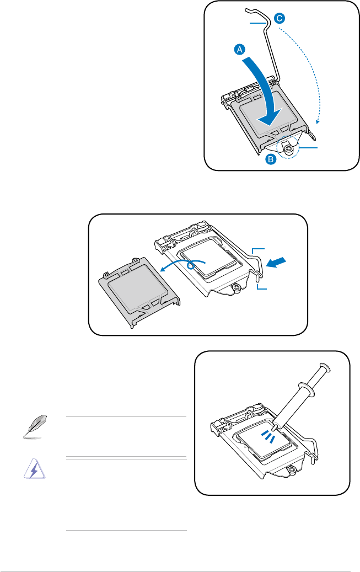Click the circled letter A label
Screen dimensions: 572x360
coord(239,50)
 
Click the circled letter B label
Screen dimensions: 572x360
coord(271,160)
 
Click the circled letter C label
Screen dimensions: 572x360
coord(280,18)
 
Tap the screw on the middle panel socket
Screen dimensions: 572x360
coord(236,287)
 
